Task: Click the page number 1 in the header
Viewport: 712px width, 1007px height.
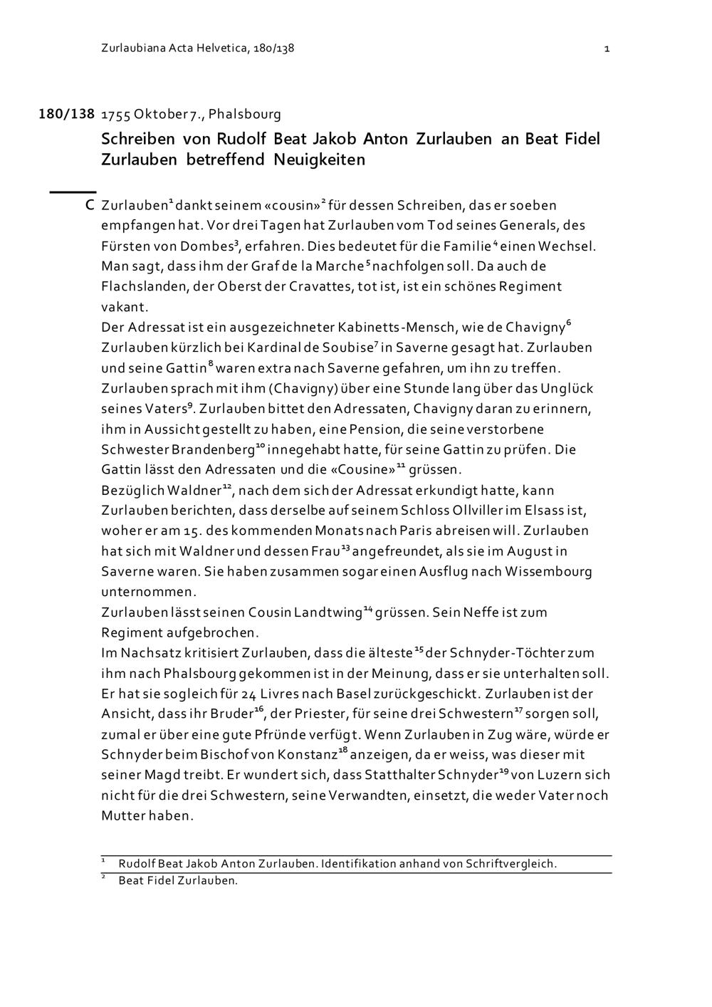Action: [606, 48]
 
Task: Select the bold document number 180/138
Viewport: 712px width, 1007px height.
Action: [66, 114]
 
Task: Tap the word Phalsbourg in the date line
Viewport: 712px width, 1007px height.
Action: [245, 114]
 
